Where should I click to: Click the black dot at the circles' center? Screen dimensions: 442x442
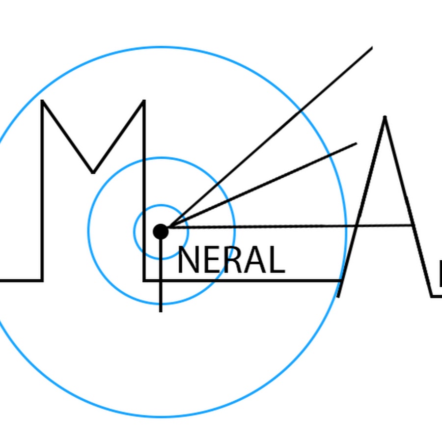[x=161, y=231]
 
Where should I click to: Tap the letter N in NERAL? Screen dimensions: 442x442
[x=187, y=260]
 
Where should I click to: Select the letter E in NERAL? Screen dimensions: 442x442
[x=209, y=260]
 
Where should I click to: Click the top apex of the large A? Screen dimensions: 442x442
[x=385, y=117]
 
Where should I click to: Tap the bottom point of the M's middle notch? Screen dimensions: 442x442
[x=93, y=172]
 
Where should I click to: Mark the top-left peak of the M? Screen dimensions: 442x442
[x=43, y=101]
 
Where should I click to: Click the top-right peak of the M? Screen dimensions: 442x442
[x=144, y=101]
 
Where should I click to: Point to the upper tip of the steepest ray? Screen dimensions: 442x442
[x=372, y=48]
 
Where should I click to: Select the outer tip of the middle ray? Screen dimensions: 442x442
[x=356, y=144]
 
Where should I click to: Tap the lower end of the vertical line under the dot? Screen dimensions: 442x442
[x=161, y=311]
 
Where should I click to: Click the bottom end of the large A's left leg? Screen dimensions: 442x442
[x=338, y=296]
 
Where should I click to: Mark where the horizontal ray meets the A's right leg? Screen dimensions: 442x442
[x=412, y=225]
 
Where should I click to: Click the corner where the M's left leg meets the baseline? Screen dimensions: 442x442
[x=42, y=280]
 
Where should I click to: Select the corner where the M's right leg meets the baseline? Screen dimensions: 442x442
[x=144, y=280]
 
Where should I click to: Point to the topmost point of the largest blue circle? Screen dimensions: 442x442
[x=161, y=48]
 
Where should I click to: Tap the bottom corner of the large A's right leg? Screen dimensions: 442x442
[x=432, y=296]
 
